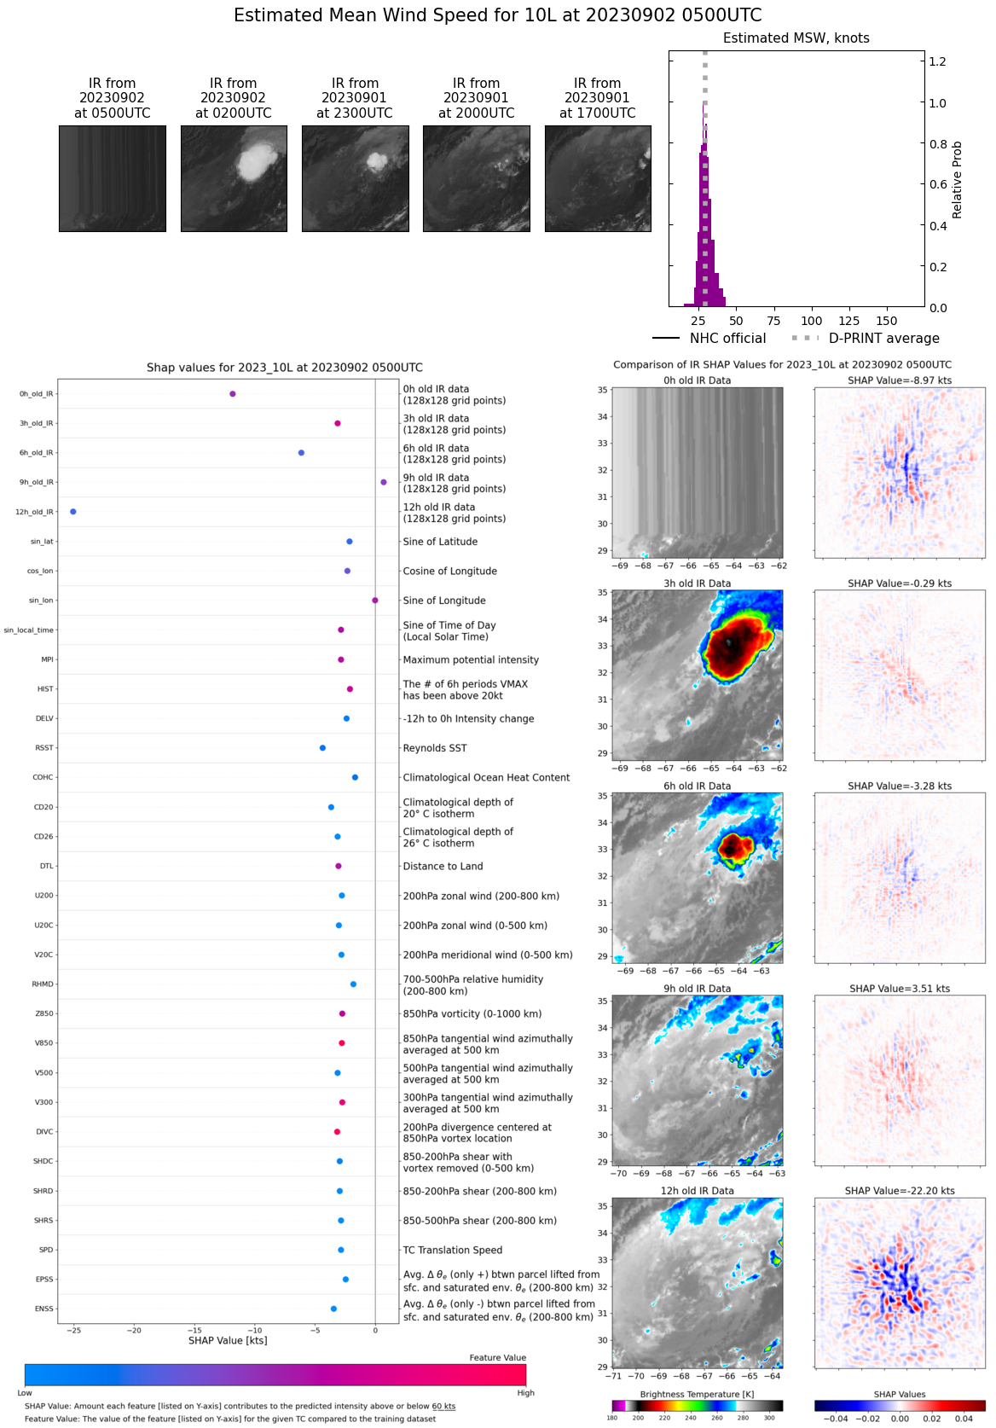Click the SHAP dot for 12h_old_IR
pyautogui.click(x=73, y=512)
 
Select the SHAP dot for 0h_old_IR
pyautogui.click(x=233, y=394)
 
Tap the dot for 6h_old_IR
pyautogui.click(x=302, y=453)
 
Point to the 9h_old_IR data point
pyautogui.click(x=384, y=483)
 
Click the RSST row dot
pyautogui.click(x=322, y=748)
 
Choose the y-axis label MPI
pyautogui.click(x=47, y=659)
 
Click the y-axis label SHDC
pyautogui.click(x=43, y=1161)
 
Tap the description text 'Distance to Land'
pyautogui.click(x=443, y=867)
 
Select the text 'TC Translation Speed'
pyautogui.click(x=452, y=1251)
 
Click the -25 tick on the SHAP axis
pyautogui.click(x=74, y=1330)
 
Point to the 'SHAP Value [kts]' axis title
pyautogui.click(x=228, y=1341)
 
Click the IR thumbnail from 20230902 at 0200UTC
pyautogui.click(x=234, y=178)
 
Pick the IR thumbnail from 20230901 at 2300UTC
pyautogui.click(x=355, y=178)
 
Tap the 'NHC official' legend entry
pyautogui.click(x=727, y=339)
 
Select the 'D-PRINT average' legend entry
pyautogui.click(x=883, y=339)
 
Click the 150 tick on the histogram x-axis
pyautogui.click(x=887, y=322)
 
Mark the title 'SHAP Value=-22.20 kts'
pyautogui.click(x=900, y=1191)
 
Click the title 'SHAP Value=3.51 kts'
pyautogui.click(x=900, y=989)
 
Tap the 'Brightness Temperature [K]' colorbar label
pyautogui.click(x=697, y=1395)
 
